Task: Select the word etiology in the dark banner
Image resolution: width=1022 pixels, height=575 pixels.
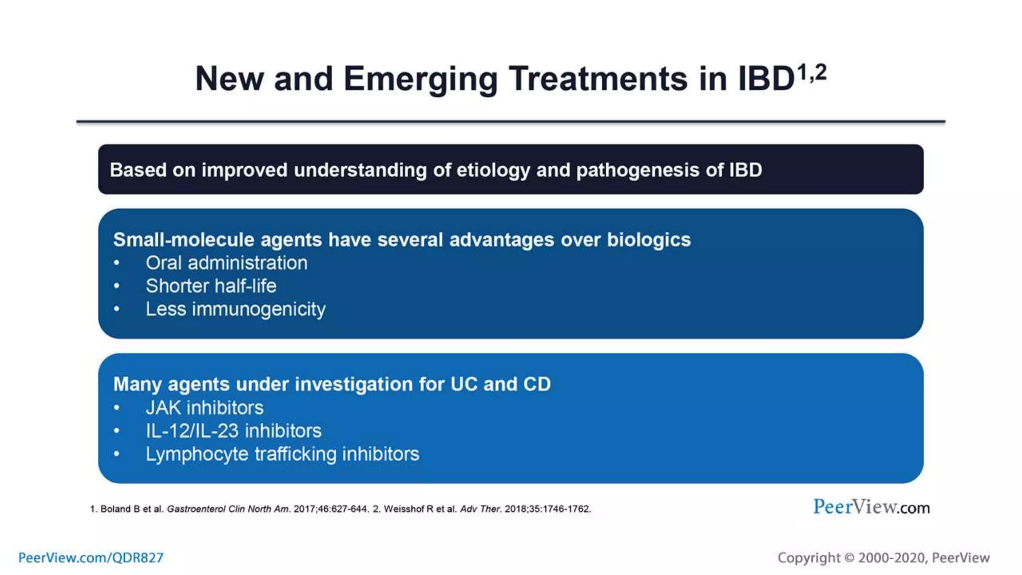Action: point(493,170)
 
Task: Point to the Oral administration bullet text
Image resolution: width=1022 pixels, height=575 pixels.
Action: point(226,263)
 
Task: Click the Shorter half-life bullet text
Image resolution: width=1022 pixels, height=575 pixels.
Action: point(211,286)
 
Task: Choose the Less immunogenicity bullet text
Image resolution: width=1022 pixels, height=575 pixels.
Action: point(235,309)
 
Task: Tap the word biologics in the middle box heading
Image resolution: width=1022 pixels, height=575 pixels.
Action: point(648,240)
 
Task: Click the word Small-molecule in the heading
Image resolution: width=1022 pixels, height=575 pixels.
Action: point(183,240)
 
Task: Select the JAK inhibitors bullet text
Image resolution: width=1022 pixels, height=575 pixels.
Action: point(204,408)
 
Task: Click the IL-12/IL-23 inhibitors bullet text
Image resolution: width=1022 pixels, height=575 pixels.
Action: point(233,431)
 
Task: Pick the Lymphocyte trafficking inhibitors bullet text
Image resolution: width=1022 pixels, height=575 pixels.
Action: point(282,454)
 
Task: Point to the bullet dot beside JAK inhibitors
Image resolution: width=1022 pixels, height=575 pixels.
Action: point(116,408)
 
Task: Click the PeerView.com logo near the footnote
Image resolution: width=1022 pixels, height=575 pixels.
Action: point(871,507)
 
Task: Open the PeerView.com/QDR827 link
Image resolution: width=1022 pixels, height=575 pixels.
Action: point(91,558)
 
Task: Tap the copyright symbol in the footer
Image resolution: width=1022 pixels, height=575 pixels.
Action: point(849,558)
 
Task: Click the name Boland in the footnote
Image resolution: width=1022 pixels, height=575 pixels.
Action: point(115,509)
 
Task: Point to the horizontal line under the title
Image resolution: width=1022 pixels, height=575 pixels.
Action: point(511,121)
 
